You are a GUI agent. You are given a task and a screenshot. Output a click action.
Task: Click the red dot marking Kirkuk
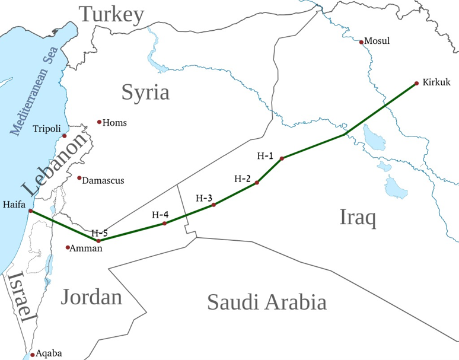[x=417, y=83]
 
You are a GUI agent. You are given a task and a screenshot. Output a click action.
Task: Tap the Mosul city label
[x=377, y=41]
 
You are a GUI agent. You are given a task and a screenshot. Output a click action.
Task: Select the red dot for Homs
[x=99, y=122]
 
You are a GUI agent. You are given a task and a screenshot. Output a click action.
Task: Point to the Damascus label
[x=103, y=180]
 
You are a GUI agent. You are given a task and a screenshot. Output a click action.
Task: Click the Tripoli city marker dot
[x=65, y=136]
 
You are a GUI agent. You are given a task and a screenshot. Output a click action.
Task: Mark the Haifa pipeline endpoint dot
[x=30, y=211]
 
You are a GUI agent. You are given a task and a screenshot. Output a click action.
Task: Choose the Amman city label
[x=86, y=249]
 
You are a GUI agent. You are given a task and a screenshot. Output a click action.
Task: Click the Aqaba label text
[x=49, y=353]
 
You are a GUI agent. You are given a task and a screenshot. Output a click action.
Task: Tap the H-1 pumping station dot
[x=282, y=158]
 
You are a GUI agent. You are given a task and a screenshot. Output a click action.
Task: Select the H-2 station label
[x=243, y=178]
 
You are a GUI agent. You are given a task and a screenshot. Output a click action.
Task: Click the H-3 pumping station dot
[x=213, y=205]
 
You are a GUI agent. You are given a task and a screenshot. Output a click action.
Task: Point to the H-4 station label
[x=160, y=214]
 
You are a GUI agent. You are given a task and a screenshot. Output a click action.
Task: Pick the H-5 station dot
[x=98, y=241]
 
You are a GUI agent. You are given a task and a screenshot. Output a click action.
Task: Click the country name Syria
[x=145, y=92]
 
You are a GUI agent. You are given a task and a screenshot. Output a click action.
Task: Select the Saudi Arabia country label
[x=266, y=302]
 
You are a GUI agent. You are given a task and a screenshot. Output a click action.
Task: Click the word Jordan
[x=91, y=296]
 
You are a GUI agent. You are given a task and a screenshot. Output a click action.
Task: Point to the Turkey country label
[x=112, y=14]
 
